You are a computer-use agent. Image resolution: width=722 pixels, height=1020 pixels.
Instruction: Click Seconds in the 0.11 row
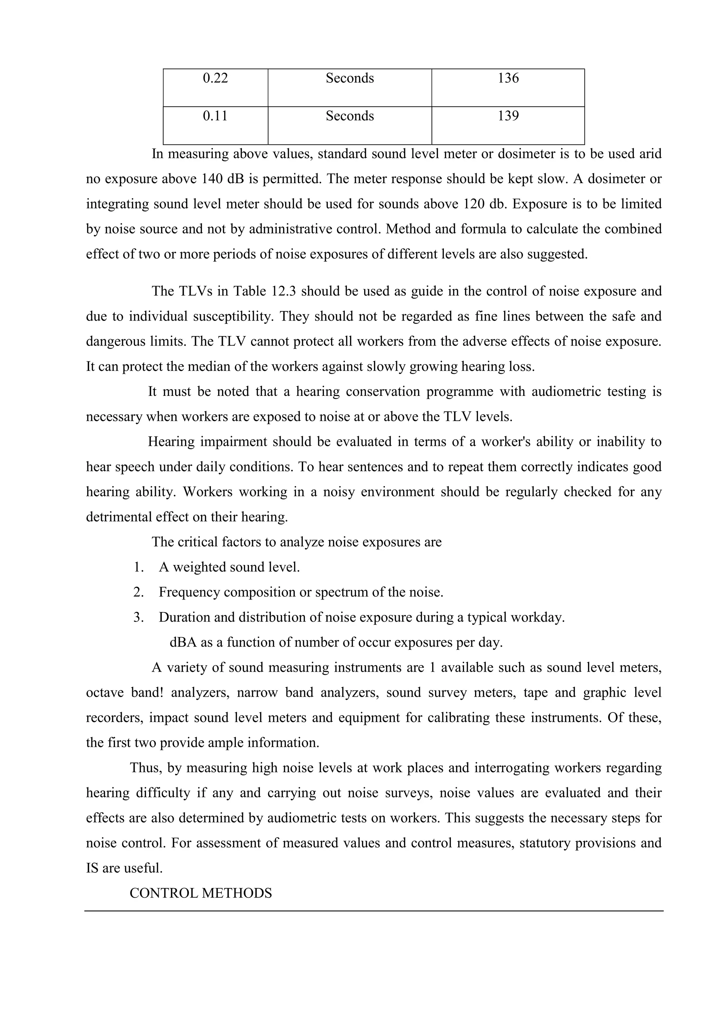click(x=349, y=116)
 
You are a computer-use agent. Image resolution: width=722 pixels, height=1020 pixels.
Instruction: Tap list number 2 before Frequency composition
click(x=138, y=592)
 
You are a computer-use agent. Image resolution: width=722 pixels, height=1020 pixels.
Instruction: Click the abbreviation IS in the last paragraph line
click(x=92, y=869)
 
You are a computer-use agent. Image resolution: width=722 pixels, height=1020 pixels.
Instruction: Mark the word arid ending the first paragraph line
click(x=650, y=154)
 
